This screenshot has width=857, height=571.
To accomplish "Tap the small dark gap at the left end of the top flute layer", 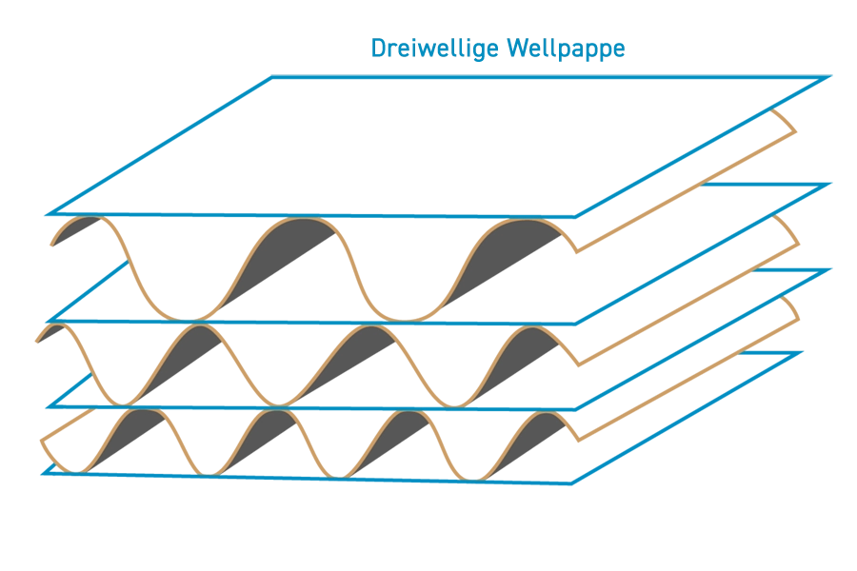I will click(80, 237).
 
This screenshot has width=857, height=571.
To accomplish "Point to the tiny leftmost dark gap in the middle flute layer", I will click(53, 338).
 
